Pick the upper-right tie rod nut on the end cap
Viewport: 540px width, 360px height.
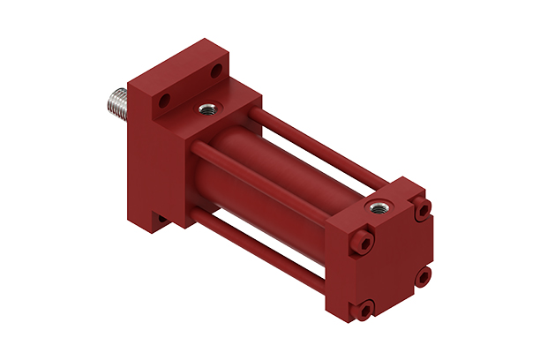click(424, 210)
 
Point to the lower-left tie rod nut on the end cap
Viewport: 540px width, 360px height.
click(363, 309)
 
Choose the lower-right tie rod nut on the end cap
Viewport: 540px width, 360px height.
click(424, 276)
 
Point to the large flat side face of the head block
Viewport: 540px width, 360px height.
click(154, 159)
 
